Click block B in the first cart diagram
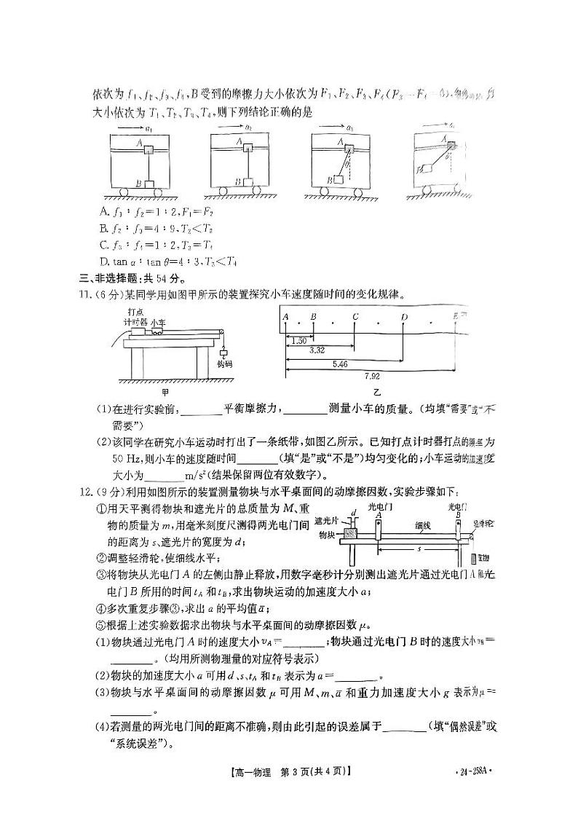coord(150,184)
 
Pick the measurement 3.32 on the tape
coord(317,350)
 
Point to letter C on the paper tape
coord(355,317)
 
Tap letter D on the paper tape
coord(404,317)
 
